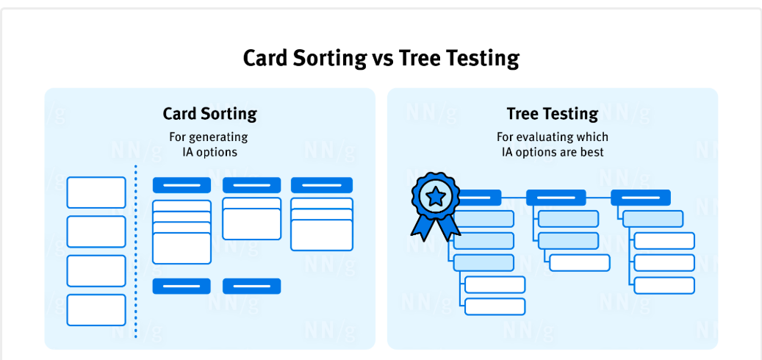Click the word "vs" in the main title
point(382,58)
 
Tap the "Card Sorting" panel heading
point(209,114)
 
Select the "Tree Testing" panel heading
point(553,114)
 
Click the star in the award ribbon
point(436,197)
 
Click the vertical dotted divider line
point(136,251)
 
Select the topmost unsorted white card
point(96,192)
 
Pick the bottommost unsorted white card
point(96,310)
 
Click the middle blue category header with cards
point(252,185)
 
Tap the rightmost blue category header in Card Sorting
point(322,185)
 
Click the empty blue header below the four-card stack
point(181,286)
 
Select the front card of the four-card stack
point(181,248)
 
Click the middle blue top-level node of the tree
point(556,198)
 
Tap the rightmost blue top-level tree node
point(641,198)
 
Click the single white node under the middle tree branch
point(580,263)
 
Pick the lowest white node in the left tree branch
point(495,306)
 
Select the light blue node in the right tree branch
point(653,219)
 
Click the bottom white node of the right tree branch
point(664,286)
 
